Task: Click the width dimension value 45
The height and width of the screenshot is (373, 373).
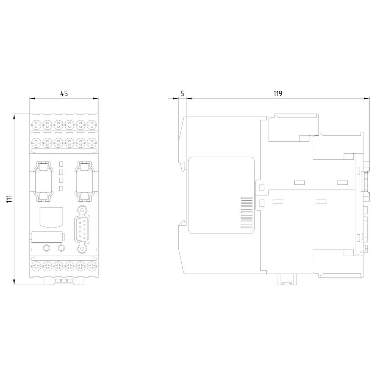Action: pyautogui.click(x=64, y=94)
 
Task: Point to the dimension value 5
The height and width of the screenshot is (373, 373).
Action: pyautogui.click(x=182, y=94)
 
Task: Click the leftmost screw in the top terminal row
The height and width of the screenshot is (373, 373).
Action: pyautogui.click(x=37, y=125)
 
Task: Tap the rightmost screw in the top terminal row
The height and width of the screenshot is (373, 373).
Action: pyautogui.click(x=91, y=125)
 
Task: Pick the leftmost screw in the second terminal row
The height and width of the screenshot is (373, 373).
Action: pyautogui.click(x=37, y=142)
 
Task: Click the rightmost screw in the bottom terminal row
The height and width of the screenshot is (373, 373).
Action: pyautogui.click(x=91, y=266)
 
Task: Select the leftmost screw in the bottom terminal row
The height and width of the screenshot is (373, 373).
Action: pyautogui.click(x=37, y=266)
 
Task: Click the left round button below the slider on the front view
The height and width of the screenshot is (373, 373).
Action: pyautogui.click(x=47, y=248)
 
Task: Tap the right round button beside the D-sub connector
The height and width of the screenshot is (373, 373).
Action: pyautogui.click(x=61, y=248)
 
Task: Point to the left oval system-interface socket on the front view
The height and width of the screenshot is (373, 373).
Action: pyautogui.click(x=43, y=181)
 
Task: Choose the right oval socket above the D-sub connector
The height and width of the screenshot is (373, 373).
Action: pyautogui.click(x=84, y=181)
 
